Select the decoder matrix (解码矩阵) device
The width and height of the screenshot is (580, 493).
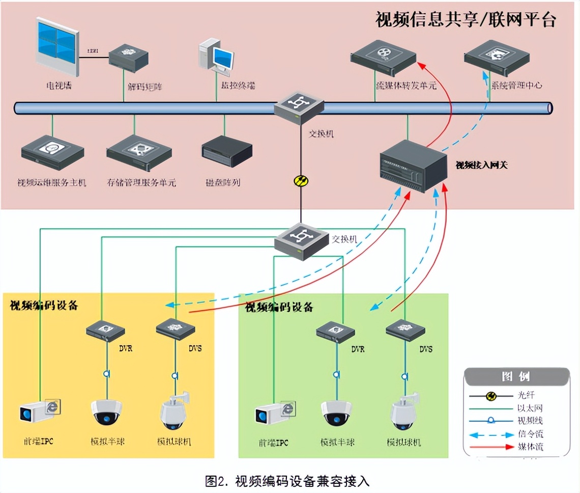(129, 56)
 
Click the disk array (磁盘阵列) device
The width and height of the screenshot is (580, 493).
(227, 151)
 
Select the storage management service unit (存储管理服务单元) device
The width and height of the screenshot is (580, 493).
(138, 151)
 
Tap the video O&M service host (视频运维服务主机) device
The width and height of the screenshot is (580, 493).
(52, 151)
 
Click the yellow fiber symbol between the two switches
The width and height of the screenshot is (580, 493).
(301, 180)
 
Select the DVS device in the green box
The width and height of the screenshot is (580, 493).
(405, 331)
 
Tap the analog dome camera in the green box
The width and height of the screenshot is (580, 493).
(336, 413)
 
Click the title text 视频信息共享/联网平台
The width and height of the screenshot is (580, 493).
(466, 19)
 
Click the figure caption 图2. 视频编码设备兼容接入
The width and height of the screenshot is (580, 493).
(287, 480)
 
